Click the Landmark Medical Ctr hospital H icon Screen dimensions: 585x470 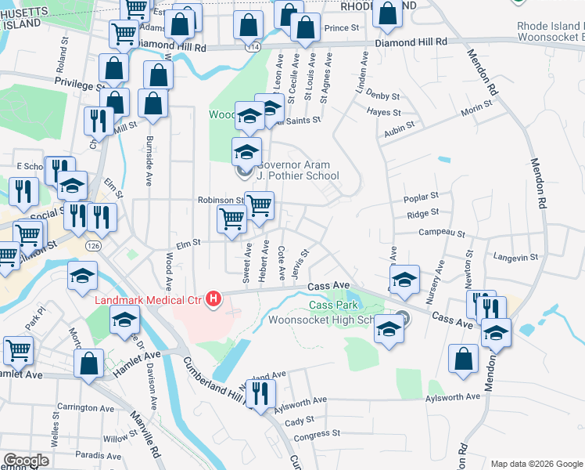click(x=213, y=299)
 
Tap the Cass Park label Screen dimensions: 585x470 click(x=332, y=305)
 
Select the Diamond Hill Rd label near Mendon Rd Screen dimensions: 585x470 click(x=411, y=41)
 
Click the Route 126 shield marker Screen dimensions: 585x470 click(x=94, y=246)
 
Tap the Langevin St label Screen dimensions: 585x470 click(x=515, y=257)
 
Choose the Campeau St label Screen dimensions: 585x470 click(x=442, y=233)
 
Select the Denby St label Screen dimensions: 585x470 click(x=382, y=96)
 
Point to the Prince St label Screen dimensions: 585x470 click(x=341, y=28)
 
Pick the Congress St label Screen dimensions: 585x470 click(x=317, y=433)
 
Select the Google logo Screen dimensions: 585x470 click(x=26, y=461)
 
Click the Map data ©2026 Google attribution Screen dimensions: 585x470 click(x=535, y=464)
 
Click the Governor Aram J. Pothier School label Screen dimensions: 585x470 click(x=297, y=170)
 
